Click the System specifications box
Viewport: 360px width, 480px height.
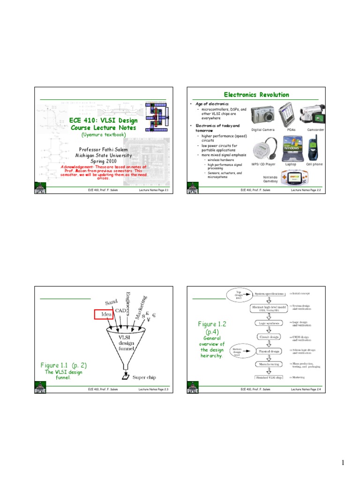tap(269, 294)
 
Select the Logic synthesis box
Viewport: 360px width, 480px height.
tap(269, 323)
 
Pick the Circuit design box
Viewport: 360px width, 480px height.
tap(269, 337)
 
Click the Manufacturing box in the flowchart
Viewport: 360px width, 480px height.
tap(269, 364)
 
